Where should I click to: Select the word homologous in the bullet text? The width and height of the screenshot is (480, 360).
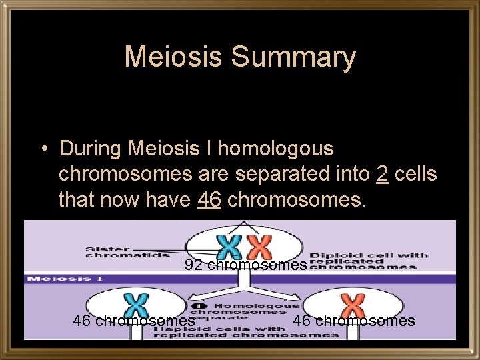[x=275, y=148]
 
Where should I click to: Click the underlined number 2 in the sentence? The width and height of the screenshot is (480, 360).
[x=382, y=174]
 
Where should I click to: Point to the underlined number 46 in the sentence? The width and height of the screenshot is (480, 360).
[x=209, y=199]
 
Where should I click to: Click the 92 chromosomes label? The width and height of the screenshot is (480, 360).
[x=246, y=265]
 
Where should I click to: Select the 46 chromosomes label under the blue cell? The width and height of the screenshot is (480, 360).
[x=134, y=321]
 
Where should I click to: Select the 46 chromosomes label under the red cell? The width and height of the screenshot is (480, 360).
[x=354, y=321]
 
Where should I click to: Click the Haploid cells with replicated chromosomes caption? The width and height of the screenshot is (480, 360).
[x=247, y=331]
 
